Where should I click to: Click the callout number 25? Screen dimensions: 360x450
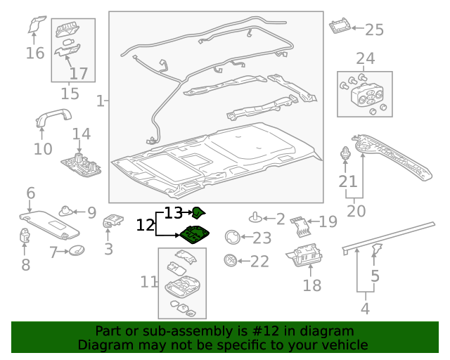coord(374,30)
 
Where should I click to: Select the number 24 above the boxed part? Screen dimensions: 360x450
coord(365,58)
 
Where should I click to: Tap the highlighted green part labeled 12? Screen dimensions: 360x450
coord(194,236)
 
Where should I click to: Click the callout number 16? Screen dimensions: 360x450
coord(34,53)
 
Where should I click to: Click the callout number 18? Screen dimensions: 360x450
coord(311,285)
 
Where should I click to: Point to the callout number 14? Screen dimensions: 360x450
coord(81,134)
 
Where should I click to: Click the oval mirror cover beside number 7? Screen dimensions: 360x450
coord(78,250)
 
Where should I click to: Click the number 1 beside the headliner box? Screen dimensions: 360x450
coord(101,101)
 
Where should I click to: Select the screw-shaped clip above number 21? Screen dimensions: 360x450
coord(345,154)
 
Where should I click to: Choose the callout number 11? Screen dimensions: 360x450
coord(148,282)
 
